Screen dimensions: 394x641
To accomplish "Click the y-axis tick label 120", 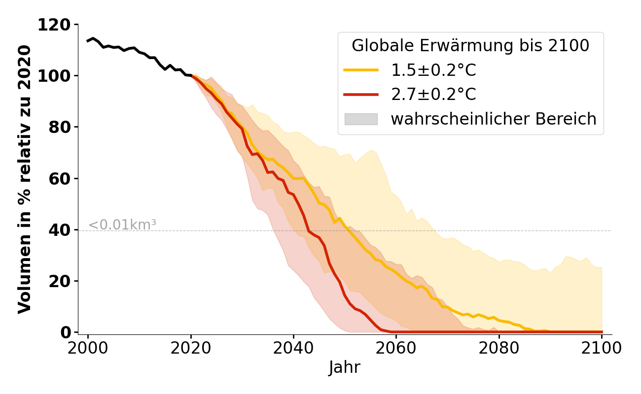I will click(x=54, y=25).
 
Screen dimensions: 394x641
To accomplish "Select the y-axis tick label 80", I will click(x=60, y=127).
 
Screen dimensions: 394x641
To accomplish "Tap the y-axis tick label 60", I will click(x=60, y=178).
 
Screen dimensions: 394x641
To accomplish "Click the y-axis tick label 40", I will click(x=60, y=230).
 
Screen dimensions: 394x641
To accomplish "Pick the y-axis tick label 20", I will click(x=60, y=281).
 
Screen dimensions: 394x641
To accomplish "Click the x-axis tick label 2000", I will click(x=88, y=348).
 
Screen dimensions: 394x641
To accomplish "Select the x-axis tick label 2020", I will click(x=191, y=348).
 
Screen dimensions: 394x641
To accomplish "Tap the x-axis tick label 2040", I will click(x=293, y=348).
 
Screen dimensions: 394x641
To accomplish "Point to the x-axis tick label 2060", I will click(x=396, y=348).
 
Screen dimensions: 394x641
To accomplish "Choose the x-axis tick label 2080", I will click(x=499, y=348).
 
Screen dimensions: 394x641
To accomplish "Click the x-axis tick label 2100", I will click(x=602, y=348).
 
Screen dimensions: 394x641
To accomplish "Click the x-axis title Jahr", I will click(x=345, y=368).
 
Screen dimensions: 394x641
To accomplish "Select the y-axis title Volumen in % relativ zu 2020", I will click(x=25, y=179).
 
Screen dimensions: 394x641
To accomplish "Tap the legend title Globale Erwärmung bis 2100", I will click(x=470, y=46).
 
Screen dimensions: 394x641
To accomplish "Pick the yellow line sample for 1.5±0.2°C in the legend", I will click(x=361, y=70).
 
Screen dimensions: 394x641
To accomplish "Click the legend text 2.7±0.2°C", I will click(x=433, y=95).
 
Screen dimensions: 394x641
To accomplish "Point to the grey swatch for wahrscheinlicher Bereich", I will click(x=361, y=119).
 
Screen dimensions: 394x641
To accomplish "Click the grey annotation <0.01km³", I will click(x=122, y=225).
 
